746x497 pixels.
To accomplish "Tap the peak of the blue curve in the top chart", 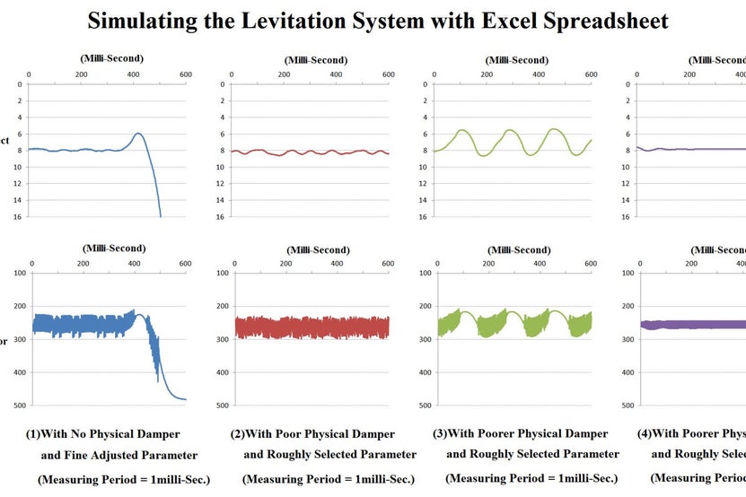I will (x=138, y=134).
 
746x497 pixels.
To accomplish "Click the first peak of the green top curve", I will (x=461, y=130).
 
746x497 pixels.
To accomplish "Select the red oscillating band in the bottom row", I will (x=312, y=327).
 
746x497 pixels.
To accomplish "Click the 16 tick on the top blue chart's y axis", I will (x=18, y=216).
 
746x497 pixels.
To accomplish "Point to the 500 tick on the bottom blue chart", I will (x=18, y=405).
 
